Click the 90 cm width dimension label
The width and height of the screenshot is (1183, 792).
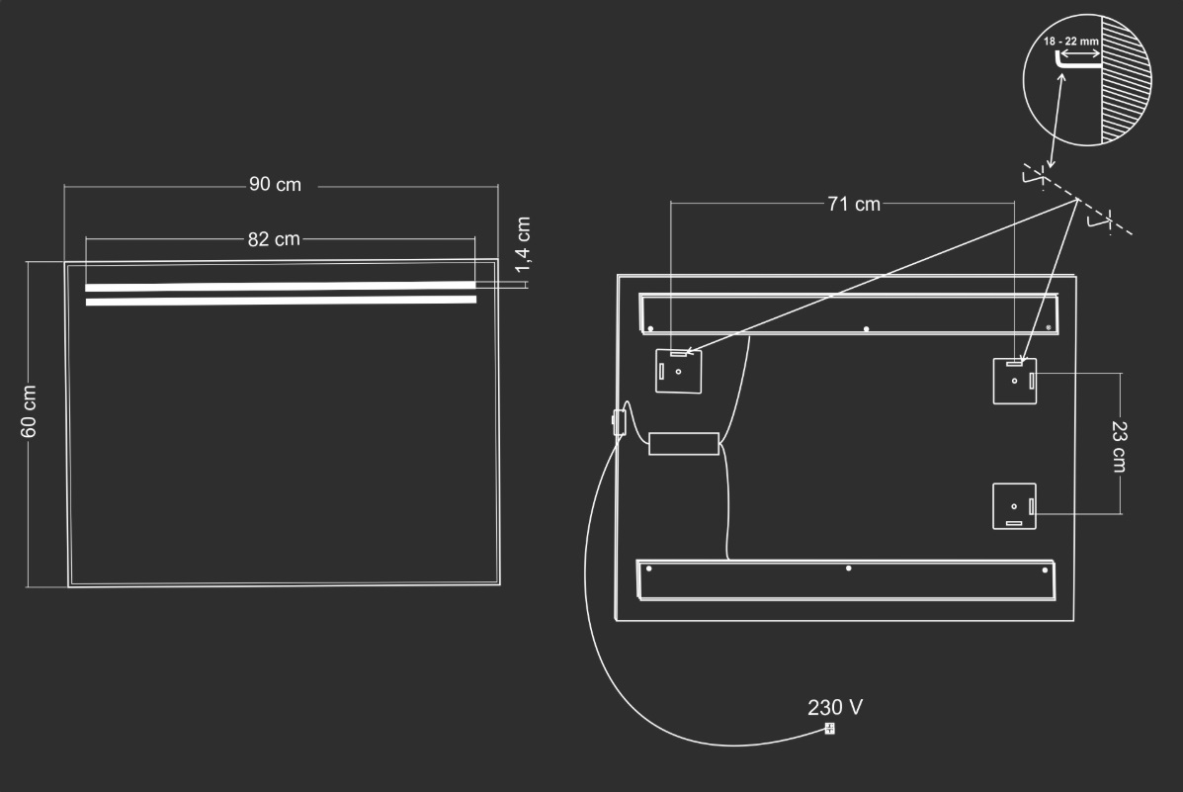[x=275, y=184]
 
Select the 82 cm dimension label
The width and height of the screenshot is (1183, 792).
[x=274, y=238]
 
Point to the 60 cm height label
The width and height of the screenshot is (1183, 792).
[x=29, y=411]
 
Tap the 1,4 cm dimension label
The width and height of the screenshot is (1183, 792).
[x=523, y=244]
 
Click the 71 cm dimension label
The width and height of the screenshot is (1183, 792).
[x=853, y=204]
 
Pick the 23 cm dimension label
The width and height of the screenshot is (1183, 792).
[x=1119, y=447]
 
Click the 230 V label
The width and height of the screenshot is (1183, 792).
[x=834, y=707]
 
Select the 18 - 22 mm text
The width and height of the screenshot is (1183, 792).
[x=1071, y=42]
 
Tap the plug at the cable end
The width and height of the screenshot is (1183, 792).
[x=829, y=729]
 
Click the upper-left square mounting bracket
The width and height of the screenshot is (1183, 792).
[x=678, y=371]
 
